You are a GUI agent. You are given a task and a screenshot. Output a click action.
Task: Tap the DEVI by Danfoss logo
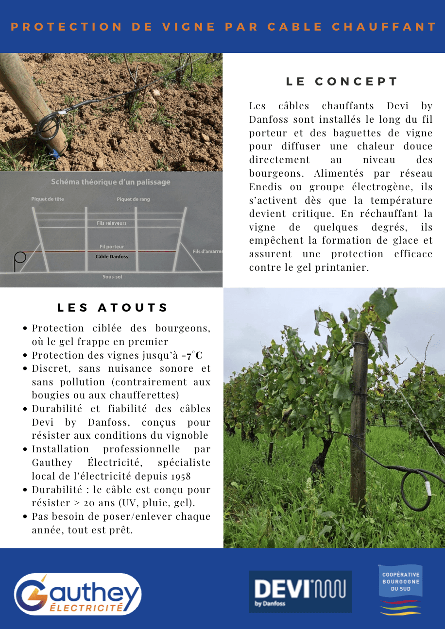click(300, 591)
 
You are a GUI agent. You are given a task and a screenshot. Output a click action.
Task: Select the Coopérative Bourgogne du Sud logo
click(400, 590)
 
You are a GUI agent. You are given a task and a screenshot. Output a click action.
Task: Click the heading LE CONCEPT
click(342, 82)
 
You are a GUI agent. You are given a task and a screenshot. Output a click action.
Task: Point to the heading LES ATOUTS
click(113, 307)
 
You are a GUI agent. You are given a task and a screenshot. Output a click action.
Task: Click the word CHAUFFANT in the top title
click(384, 27)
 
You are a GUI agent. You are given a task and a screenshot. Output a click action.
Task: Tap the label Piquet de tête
click(48, 199)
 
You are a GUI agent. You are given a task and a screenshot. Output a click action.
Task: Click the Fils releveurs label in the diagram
click(112, 223)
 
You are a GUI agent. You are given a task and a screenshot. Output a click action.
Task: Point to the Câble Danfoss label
click(112, 256)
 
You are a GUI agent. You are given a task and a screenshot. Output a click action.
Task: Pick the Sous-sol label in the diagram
click(112, 277)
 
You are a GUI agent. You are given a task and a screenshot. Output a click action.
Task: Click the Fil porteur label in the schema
click(112, 247)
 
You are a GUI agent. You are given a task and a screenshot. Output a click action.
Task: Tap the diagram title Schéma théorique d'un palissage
click(111, 182)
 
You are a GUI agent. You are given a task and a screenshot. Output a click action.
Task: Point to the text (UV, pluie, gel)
click(167, 503)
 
